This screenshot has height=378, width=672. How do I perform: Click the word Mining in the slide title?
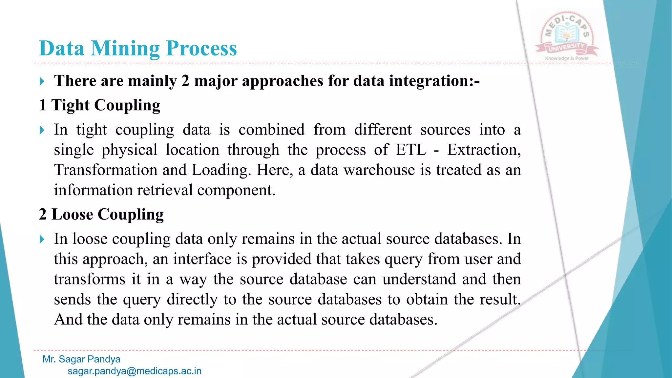[125, 49]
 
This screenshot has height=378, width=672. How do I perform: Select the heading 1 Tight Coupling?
[99, 105]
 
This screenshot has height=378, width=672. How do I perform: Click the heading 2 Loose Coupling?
[101, 215]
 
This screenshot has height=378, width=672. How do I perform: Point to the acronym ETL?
[411, 150]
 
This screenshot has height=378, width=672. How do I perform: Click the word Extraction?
[484, 150]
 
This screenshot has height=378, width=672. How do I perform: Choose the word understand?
[419, 279]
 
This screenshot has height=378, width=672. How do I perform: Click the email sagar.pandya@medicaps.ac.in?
[135, 371]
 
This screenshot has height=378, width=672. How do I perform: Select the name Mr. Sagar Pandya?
[81, 359]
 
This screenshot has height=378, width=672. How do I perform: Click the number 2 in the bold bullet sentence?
[185, 81]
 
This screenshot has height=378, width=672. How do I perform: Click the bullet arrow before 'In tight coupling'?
[42, 130]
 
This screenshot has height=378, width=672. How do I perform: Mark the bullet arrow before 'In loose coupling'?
[42, 239]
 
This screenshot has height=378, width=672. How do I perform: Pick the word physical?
[129, 150]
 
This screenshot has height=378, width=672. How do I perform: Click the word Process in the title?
[201, 49]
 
